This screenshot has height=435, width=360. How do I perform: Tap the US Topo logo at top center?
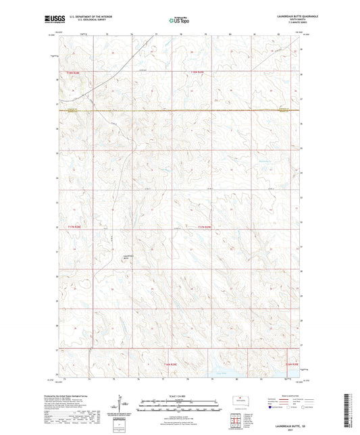click(179, 20)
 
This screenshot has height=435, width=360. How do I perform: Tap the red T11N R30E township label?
click(291, 364)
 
